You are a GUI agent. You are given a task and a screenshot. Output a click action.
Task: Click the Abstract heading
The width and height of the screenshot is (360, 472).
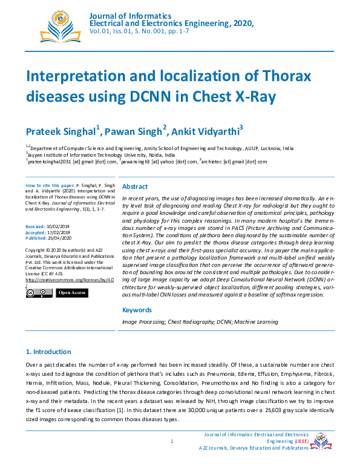tap(135, 187)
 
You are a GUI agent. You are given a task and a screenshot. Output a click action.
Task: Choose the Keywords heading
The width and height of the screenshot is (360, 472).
tap(137, 310)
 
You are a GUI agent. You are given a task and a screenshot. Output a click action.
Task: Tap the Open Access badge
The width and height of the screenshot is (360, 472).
tap(72, 293)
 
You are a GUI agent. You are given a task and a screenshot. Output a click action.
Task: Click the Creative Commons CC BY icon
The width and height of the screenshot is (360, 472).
tap(38, 293)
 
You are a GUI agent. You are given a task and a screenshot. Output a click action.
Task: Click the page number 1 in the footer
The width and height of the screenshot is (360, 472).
tap(172, 441)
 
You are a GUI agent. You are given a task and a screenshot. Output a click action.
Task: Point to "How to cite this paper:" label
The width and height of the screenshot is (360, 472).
tap(50, 183)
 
